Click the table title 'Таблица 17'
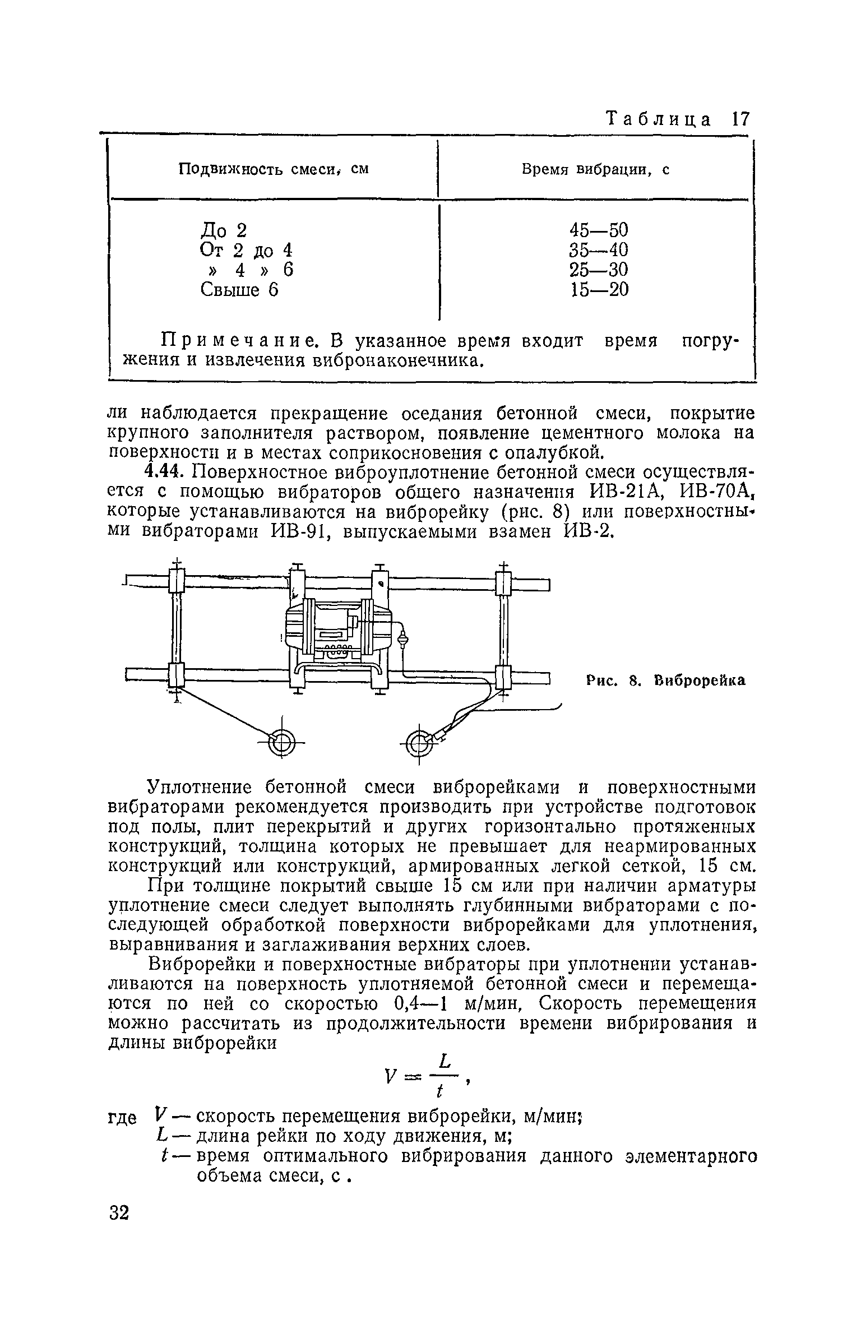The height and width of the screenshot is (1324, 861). point(678,120)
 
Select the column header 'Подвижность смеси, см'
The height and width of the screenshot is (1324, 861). point(273,169)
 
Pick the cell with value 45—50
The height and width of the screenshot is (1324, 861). point(599,230)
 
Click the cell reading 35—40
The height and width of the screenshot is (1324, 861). point(599,249)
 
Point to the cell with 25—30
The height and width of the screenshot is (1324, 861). point(599,270)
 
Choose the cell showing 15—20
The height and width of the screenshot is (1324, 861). point(599,289)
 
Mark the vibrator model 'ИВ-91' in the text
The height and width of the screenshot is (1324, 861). point(303,531)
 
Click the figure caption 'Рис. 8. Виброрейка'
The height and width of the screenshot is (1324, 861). point(666,680)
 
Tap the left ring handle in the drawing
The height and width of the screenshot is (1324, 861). point(282,743)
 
